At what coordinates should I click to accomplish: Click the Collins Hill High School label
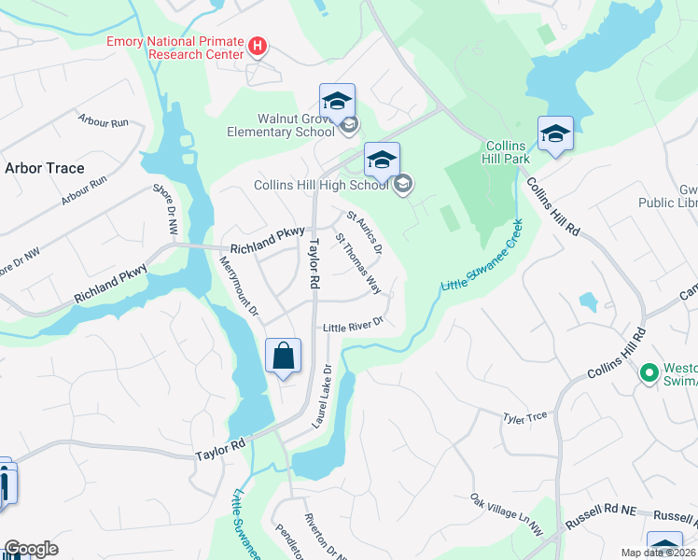(x=321, y=185)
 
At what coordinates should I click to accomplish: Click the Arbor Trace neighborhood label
(x=45, y=168)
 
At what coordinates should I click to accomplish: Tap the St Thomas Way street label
(x=358, y=270)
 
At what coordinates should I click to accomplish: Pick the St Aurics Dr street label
(x=365, y=233)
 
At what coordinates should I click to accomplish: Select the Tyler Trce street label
(x=524, y=417)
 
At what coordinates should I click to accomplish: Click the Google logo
(x=30, y=549)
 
